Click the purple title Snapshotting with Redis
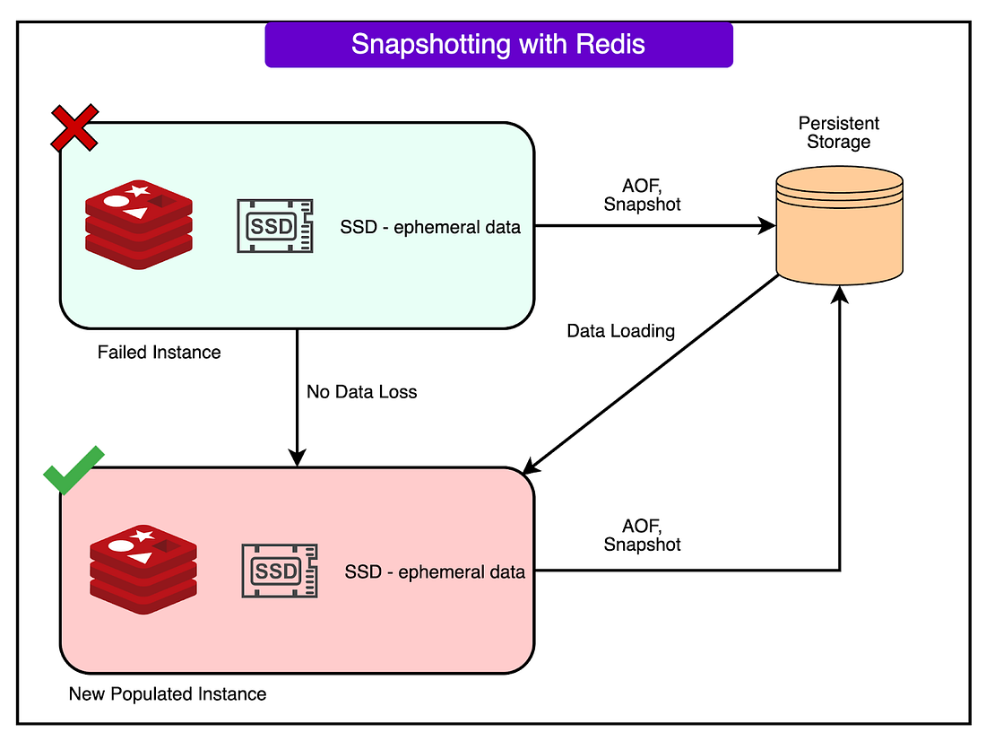click(x=498, y=44)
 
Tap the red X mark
click(x=74, y=127)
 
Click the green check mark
click(x=74, y=470)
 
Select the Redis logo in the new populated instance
click(x=143, y=569)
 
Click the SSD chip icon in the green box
click(x=275, y=226)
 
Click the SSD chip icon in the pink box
click(x=280, y=571)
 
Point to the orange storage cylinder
click(x=840, y=225)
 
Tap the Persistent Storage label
click(x=839, y=132)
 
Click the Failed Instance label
click(x=159, y=352)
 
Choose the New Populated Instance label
click(x=168, y=693)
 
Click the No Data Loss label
click(x=361, y=392)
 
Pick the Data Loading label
click(x=620, y=330)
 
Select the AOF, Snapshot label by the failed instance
click(x=642, y=195)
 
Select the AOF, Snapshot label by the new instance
click(x=642, y=535)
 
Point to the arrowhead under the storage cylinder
click(x=840, y=294)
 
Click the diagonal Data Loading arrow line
click(x=651, y=375)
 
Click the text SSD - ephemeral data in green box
click(x=430, y=227)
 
